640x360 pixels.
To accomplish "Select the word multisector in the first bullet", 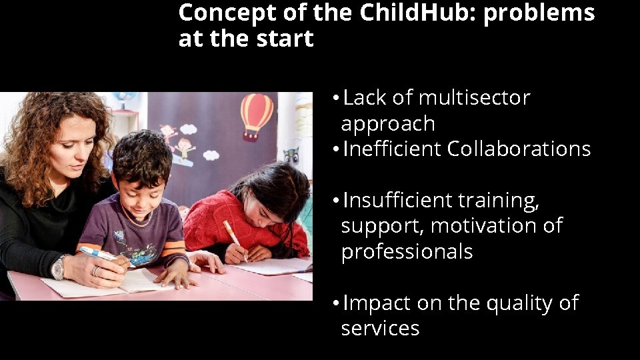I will pyautogui.click(x=474, y=98).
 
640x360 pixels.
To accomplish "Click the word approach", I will pyautogui.click(x=387, y=124).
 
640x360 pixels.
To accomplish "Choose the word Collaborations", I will pyautogui.click(x=519, y=149).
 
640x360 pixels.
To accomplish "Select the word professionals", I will pyautogui.click(x=407, y=252).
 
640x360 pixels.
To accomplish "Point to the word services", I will pyautogui.click(x=380, y=329).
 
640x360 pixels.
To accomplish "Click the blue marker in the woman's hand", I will pyautogui.click(x=97, y=254).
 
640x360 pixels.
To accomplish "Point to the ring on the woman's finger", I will pyautogui.click(x=97, y=271).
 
